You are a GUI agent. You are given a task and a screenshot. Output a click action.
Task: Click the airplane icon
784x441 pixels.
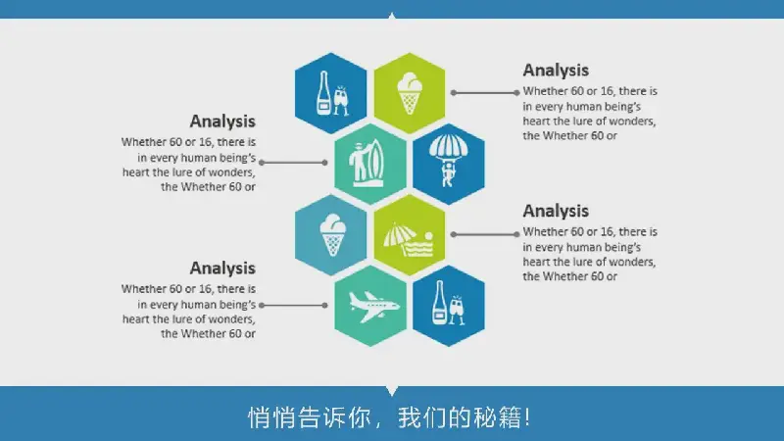(374, 307)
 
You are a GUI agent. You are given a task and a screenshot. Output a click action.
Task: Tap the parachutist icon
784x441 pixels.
(448, 161)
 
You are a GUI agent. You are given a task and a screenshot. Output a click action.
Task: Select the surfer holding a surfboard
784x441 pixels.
(369, 163)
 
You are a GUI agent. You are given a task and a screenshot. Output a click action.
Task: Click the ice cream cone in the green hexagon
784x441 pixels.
(410, 93)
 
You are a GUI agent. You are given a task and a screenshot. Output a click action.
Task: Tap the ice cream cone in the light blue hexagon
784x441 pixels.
(332, 235)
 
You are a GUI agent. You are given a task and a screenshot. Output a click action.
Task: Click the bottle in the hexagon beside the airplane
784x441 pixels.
(439, 303)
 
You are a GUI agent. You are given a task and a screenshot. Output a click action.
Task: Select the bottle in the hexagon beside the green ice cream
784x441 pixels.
(323, 93)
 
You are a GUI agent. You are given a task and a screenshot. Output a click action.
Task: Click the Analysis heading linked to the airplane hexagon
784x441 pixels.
(222, 268)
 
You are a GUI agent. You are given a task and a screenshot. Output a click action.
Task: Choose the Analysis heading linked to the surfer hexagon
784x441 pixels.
(222, 121)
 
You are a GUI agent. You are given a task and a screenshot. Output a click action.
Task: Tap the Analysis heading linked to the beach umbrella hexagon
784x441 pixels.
(556, 211)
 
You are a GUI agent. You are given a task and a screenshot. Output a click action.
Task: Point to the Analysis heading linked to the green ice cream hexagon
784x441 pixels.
(556, 70)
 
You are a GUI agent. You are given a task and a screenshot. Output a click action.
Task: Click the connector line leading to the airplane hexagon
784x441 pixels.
(293, 305)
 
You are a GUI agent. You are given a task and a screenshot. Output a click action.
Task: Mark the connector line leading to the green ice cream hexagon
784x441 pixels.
(485, 92)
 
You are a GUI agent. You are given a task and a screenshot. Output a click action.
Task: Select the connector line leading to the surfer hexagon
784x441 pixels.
(293, 163)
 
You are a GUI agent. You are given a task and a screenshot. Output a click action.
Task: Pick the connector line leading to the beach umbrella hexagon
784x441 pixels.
(485, 234)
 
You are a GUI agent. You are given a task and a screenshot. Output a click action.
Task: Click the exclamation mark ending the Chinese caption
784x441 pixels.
(528, 417)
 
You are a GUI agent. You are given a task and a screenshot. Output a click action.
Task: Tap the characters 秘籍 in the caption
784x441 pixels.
(498, 417)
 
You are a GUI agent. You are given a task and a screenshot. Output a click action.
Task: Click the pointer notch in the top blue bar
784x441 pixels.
(392, 16)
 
